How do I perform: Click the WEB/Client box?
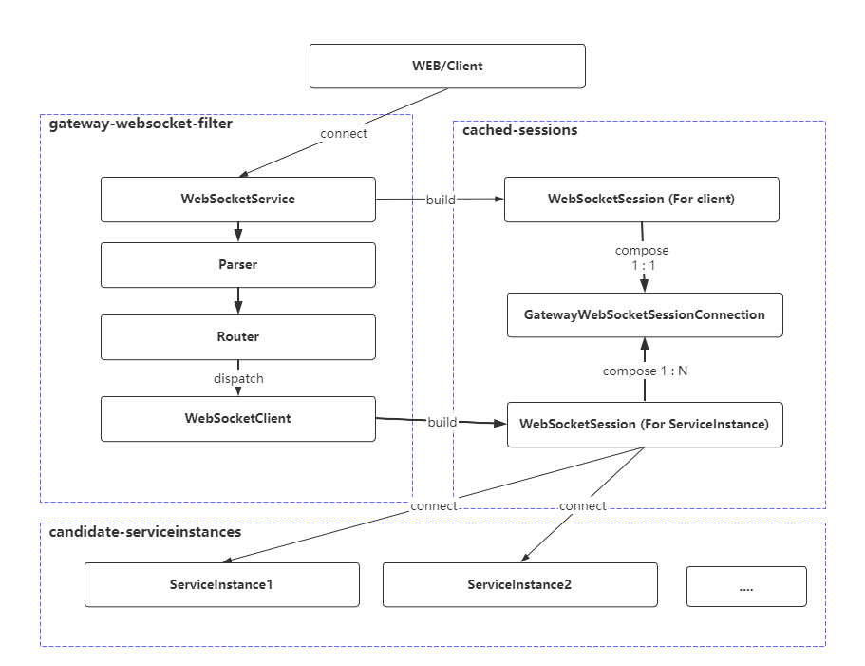pyautogui.click(x=447, y=67)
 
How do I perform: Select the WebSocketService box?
pyautogui.click(x=237, y=200)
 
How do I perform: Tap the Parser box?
pyautogui.click(x=237, y=265)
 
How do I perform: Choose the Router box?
pyautogui.click(x=237, y=336)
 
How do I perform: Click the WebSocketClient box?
pyautogui.click(x=237, y=419)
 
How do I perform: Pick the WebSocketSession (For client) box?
pyautogui.click(x=641, y=200)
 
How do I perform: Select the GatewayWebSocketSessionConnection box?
pyautogui.click(x=644, y=314)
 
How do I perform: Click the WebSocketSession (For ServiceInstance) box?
pyautogui.click(x=644, y=424)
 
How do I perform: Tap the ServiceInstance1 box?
pyautogui.click(x=222, y=584)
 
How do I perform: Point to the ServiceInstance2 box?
pyautogui.click(x=519, y=584)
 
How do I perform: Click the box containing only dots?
pyautogui.click(x=745, y=586)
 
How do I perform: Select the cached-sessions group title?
pyautogui.click(x=519, y=130)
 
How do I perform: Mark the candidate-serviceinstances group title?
pyautogui.click(x=144, y=532)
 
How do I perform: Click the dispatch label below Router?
pyautogui.click(x=237, y=378)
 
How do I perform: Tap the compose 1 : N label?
pyautogui.click(x=645, y=371)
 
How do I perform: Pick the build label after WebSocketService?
pyautogui.click(x=442, y=200)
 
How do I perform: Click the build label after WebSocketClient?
pyautogui.click(x=442, y=422)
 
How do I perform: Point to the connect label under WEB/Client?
pyautogui.click(x=344, y=134)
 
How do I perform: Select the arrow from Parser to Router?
pyautogui.click(x=237, y=301)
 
